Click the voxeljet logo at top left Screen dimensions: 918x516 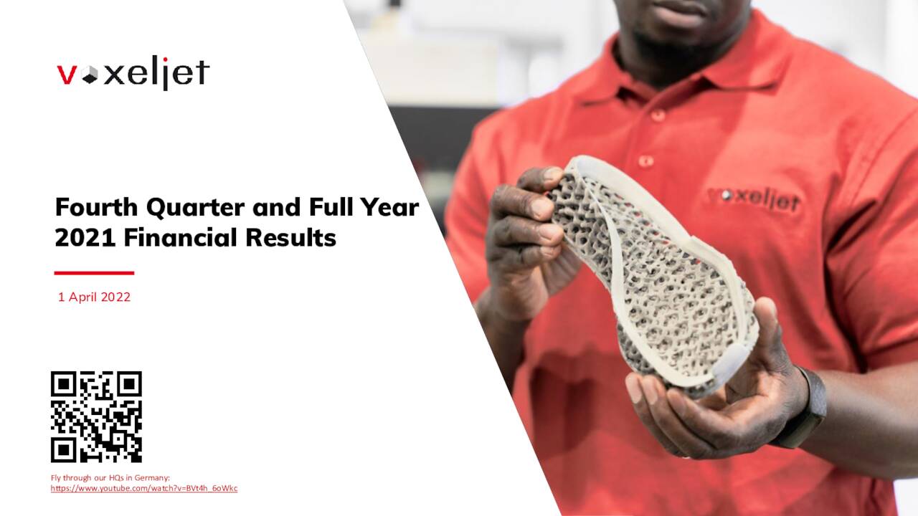tap(133, 73)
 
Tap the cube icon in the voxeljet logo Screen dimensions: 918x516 tap(90, 76)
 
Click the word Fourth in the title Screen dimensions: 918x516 tap(97, 207)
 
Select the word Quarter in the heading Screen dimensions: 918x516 tap(196, 208)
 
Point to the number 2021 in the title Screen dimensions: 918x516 tap(85, 238)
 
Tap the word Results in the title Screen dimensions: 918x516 tap(291, 238)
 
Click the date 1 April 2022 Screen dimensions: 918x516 tap(94, 297)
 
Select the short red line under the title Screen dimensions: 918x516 tap(94, 273)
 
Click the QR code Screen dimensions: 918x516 tap(96, 417)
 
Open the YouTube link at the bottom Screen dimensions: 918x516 tap(144, 489)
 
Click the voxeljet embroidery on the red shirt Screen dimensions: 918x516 tap(753, 199)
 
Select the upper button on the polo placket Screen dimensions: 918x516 tap(658, 115)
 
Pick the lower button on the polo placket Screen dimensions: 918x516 tap(645, 161)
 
